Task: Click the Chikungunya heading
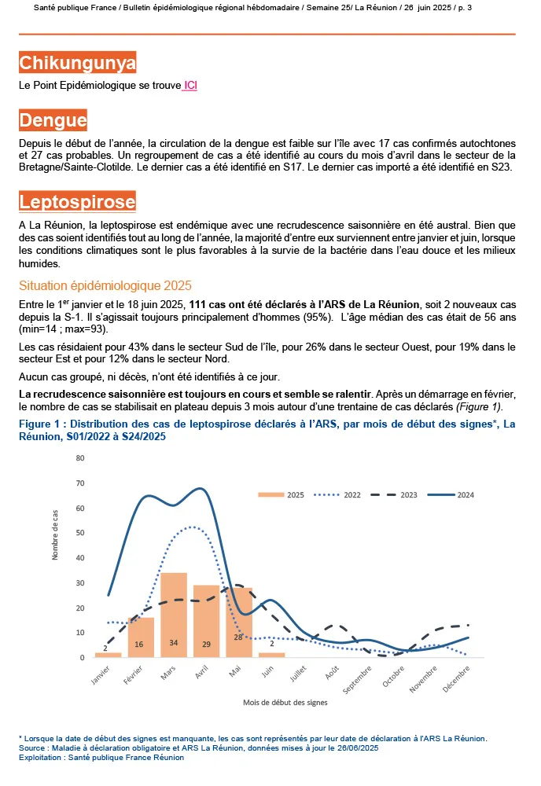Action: [x=77, y=63]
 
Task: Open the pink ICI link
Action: [x=190, y=85]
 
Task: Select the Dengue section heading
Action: [x=53, y=120]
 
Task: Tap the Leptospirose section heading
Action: [x=77, y=202]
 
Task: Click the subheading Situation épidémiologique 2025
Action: [x=105, y=285]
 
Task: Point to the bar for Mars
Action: [x=174, y=615]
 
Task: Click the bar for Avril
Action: [x=206, y=621]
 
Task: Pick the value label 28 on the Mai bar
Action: [x=238, y=637]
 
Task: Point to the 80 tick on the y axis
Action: [x=80, y=482]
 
